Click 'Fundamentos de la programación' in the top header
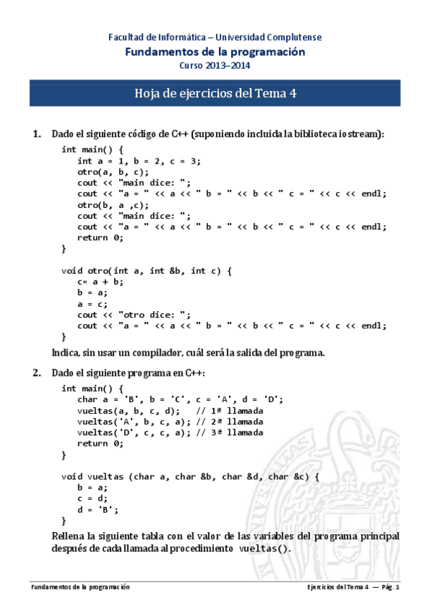click(x=215, y=52)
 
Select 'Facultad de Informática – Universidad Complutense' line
click(x=215, y=37)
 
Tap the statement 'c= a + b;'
click(x=101, y=282)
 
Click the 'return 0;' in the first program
click(x=101, y=237)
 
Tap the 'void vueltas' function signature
click(x=190, y=476)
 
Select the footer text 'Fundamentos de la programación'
click(x=80, y=587)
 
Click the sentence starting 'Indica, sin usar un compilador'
click(x=189, y=352)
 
